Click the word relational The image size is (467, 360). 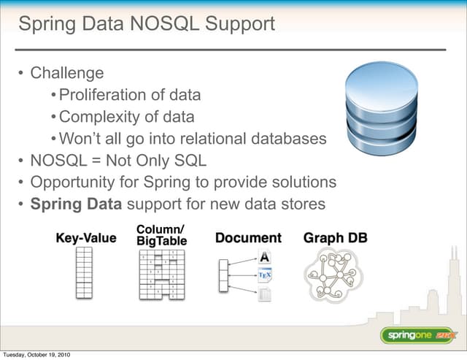pos(222,139)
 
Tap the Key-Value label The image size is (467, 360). pos(86,238)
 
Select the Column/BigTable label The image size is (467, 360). pos(161,235)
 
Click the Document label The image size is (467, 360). pos(248,238)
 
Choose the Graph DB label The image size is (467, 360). pos(335,238)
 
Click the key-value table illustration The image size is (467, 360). pos(84,272)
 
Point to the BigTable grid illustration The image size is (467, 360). pos(161,274)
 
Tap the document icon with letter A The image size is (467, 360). pos(265,257)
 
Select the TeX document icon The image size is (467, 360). pos(265,275)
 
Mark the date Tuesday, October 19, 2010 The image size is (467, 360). pos(36,355)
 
